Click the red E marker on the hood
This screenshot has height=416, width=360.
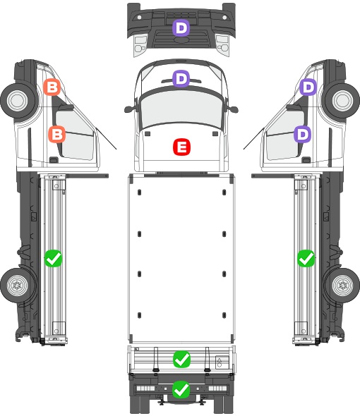click(x=181, y=147)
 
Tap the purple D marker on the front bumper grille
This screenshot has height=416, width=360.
click(x=181, y=28)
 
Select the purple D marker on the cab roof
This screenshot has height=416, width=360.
click(x=181, y=79)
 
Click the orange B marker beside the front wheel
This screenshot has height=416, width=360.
click(x=52, y=87)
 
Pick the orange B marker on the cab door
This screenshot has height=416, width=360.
click(x=57, y=134)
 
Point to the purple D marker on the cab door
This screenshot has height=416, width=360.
click(x=302, y=134)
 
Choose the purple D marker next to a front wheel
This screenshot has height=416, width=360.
click(x=308, y=87)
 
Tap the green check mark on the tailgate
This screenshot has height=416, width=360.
click(x=181, y=360)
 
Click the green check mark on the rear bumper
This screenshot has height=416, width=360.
click(x=181, y=389)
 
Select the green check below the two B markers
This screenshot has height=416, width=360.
click(x=53, y=258)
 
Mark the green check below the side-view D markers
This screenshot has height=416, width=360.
click(x=306, y=258)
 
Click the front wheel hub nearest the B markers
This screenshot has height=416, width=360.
click(x=18, y=100)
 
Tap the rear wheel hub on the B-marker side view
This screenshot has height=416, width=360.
click(x=17, y=285)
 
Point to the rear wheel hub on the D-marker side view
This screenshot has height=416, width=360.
click(x=343, y=285)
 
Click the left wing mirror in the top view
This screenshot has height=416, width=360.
click(x=129, y=109)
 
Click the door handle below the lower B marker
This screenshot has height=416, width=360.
click(x=54, y=160)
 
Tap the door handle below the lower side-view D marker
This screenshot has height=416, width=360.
click(x=306, y=160)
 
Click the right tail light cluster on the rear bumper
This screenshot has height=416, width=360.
click(x=218, y=389)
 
